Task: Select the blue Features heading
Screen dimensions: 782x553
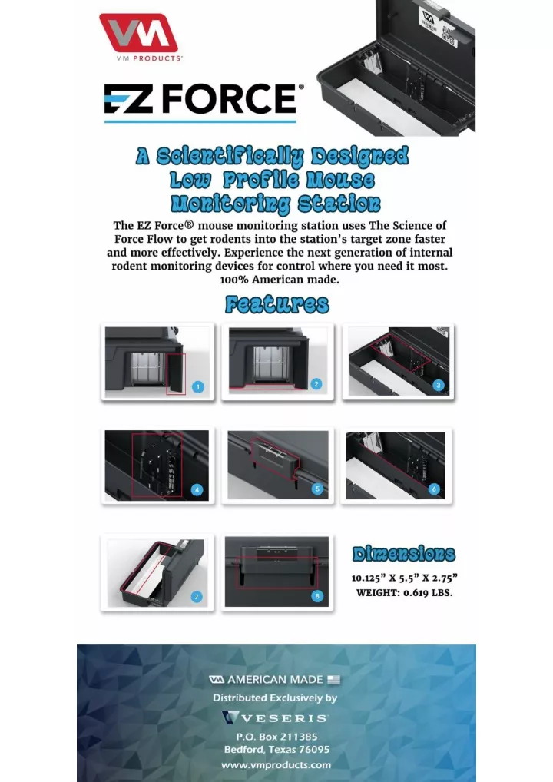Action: tap(276, 304)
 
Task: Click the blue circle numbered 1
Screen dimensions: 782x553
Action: tap(198, 386)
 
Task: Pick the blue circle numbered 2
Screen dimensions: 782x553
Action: tap(316, 383)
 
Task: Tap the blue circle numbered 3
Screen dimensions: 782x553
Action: tap(438, 384)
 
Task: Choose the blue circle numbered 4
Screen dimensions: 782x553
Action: tap(197, 489)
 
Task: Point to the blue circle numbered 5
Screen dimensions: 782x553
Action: tap(317, 489)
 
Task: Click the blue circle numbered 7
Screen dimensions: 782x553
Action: tap(197, 596)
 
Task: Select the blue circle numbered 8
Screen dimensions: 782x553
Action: tap(317, 595)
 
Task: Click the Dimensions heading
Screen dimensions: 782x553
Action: tap(403, 554)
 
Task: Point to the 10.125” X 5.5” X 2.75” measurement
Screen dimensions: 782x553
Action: tap(405, 577)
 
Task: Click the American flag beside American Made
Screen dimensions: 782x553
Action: tap(333, 680)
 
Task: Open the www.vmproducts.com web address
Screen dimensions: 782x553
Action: tap(276, 764)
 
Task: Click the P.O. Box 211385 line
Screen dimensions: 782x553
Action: tap(276, 735)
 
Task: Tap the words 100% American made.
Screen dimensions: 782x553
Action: tap(280, 280)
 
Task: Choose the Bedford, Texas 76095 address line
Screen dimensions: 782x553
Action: tap(276, 749)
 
